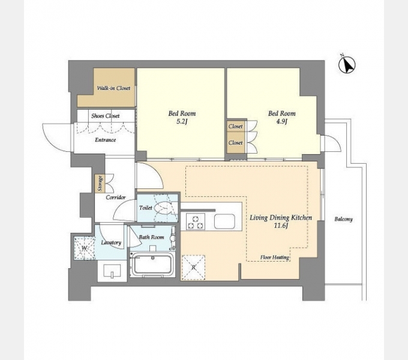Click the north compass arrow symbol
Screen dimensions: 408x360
(x=347, y=64)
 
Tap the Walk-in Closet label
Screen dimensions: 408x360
(x=113, y=88)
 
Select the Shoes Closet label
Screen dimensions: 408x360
(x=106, y=116)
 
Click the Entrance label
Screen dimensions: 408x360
(x=105, y=140)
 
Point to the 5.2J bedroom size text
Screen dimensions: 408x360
(x=182, y=121)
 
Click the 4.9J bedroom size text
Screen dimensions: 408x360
(x=281, y=121)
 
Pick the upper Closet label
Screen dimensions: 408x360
(x=235, y=127)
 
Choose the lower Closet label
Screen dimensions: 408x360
(x=235, y=143)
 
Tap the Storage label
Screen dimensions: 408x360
(x=100, y=184)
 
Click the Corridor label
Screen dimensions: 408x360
(x=116, y=197)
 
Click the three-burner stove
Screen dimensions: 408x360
(x=196, y=221)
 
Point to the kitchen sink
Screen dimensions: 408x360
(x=224, y=221)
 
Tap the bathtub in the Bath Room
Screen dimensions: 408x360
(x=153, y=265)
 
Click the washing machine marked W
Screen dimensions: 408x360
(x=85, y=248)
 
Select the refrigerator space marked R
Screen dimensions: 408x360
(x=193, y=268)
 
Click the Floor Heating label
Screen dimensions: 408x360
(x=275, y=257)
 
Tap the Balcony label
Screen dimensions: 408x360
(x=343, y=219)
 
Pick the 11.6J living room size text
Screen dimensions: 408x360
(x=281, y=226)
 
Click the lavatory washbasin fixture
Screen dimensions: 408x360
(x=112, y=271)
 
